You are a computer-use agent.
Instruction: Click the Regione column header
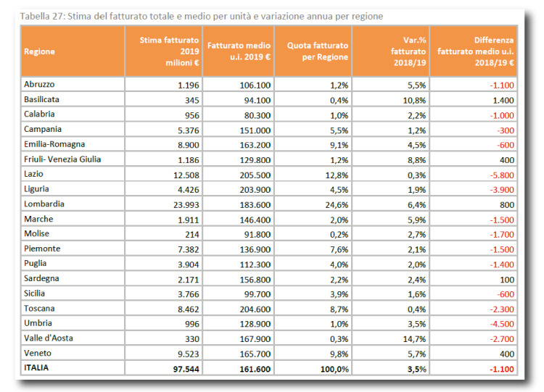(39, 51)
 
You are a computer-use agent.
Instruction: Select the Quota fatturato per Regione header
(318, 51)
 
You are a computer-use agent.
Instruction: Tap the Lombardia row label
(44, 204)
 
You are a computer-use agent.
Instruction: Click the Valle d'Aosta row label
(49, 338)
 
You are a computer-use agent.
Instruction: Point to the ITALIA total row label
(36, 368)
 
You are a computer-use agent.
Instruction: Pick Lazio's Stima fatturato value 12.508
(186, 175)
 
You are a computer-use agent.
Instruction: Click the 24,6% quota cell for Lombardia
(337, 205)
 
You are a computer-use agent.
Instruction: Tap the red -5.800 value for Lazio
(502, 175)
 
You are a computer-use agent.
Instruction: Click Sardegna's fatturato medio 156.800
(255, 280)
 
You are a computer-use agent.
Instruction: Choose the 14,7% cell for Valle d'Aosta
(414, 339)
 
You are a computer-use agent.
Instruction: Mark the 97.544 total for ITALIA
(186, 369)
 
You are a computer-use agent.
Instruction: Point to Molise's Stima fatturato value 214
(192, 235)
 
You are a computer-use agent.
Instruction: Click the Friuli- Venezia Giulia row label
(62, 159)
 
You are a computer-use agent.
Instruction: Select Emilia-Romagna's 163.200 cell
(255, 145)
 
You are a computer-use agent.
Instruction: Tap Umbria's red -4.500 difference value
(502, 324)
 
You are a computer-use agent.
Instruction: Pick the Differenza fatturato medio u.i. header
(475, 51)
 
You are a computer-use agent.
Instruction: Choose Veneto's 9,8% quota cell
(339, 354)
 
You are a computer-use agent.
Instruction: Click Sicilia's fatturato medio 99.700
(257, 294)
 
